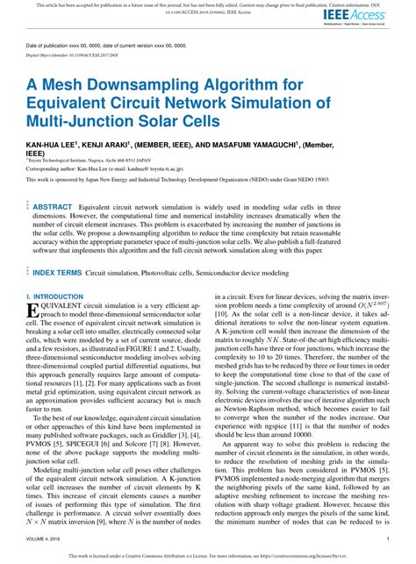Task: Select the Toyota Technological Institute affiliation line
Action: [x=97, y=161]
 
